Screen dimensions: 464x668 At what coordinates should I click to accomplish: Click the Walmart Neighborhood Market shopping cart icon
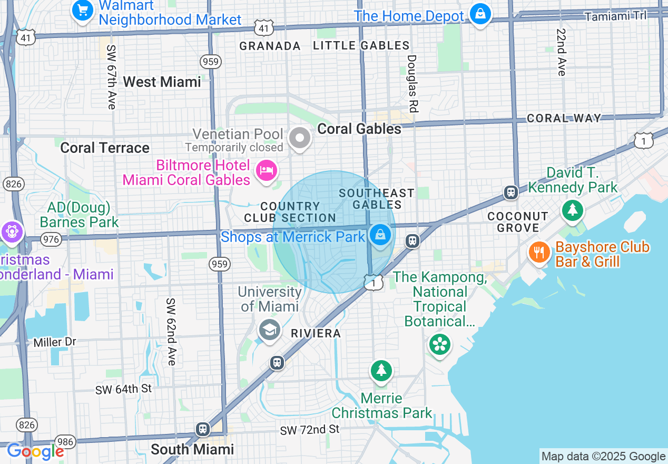point(82,10)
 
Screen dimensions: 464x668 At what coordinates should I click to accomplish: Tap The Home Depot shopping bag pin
point(480,14)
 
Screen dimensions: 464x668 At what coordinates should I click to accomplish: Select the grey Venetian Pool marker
point(300,139)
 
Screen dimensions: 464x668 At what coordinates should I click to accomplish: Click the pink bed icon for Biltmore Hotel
point(267,170)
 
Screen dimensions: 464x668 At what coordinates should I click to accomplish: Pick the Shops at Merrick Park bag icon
point(380,234)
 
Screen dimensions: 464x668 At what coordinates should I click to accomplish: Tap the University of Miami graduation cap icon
point(269,331)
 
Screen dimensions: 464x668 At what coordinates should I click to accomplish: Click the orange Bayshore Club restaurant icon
point(539,253)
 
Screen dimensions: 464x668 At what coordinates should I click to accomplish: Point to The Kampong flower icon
point(438,345)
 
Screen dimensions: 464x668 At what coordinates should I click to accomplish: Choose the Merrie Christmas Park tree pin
point(381,371)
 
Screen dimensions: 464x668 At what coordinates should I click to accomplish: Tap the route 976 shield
point(51,239)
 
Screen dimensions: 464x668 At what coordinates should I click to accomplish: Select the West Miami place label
point(162,82)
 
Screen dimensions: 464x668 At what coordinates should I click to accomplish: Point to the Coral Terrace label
point(105,148)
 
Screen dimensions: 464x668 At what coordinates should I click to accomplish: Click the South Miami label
point(192,449)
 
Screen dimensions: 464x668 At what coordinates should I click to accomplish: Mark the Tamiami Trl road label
point(615,16)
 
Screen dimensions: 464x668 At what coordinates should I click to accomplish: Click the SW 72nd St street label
point(310,430)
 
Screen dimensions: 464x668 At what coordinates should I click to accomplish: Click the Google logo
point(35,451)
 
